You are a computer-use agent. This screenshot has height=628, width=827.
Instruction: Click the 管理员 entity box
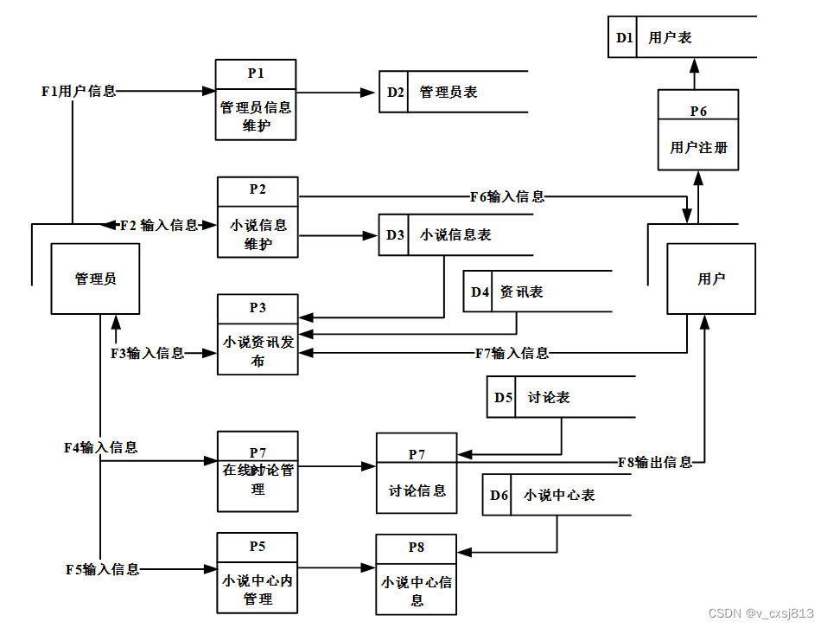tap(95, 279)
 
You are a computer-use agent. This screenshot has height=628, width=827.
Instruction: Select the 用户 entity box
tap(711, 279)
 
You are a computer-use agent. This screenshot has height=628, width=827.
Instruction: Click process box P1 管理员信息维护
tap(256, 99)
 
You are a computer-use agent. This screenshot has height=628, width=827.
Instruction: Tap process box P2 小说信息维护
tap(258, 217)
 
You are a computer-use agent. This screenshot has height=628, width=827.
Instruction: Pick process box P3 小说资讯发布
tap(258, 335)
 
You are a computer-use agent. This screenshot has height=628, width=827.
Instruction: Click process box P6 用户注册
tap(698, 130)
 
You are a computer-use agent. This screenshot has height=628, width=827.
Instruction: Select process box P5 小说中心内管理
tap(258, 573)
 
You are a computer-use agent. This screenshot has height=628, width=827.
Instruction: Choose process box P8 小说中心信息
tap(417, 574)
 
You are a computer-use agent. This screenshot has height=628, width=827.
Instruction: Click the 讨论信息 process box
tap(417, 473)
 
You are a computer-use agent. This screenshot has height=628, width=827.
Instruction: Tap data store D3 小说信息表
tap(455, 234)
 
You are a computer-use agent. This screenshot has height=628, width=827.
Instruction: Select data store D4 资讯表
tap(536, 292)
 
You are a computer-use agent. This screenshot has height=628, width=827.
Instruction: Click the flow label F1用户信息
tap(79, 90)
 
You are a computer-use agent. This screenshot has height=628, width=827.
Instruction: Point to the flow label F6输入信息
tap(507, 196)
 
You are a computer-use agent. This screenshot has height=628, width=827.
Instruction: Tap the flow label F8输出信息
tap(655, 462)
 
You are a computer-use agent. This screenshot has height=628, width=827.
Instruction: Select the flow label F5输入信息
tap(102, 569)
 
